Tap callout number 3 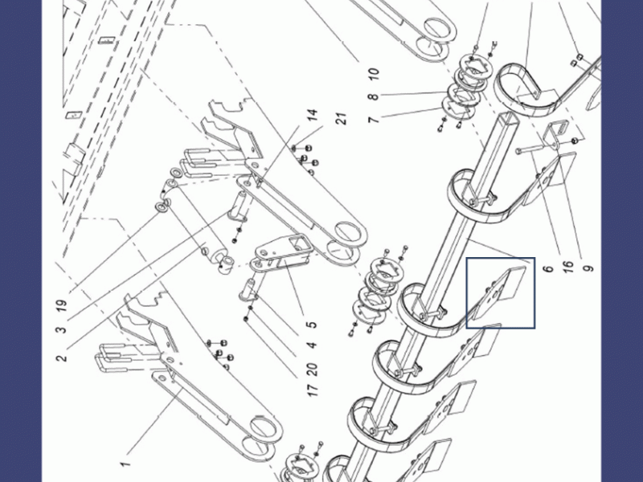pos(61,329)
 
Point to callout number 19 pos(61,306)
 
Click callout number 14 pos(312,115)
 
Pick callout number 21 pos(341,118)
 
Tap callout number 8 pos(373,96)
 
